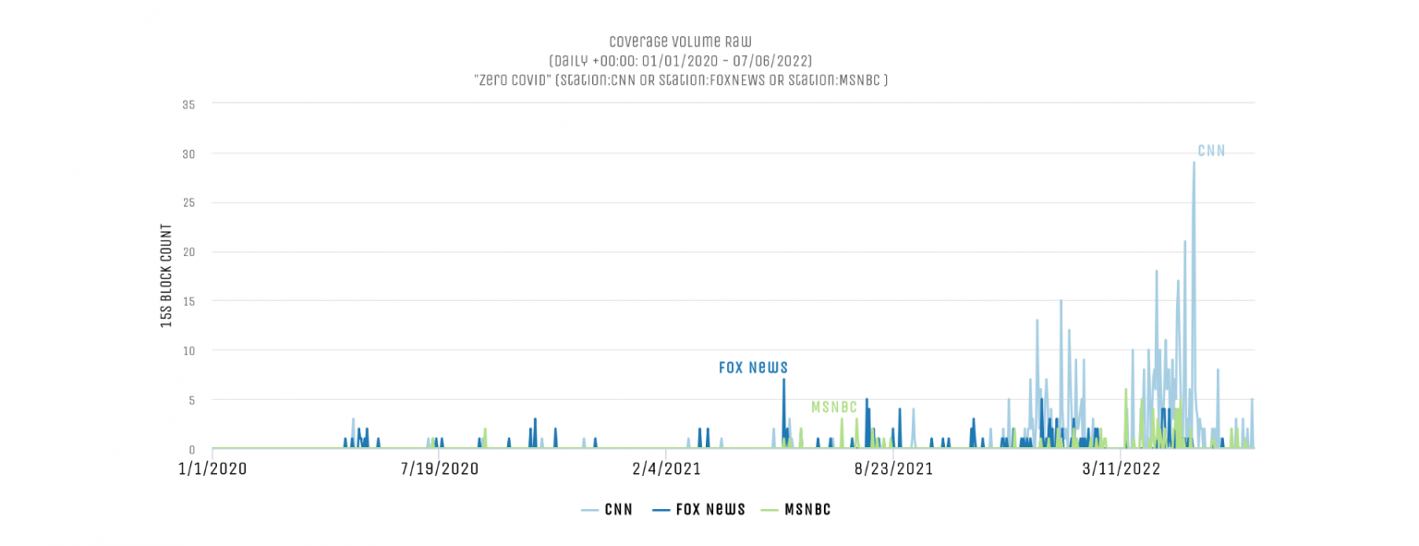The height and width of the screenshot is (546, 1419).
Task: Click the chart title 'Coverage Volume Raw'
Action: pos(680,42)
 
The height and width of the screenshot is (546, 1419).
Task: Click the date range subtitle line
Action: pos(680,61)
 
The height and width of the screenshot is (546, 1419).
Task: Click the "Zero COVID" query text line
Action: pos(680,80)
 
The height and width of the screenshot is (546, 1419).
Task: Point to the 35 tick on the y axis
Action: pos(188,104)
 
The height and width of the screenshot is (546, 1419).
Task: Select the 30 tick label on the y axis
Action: pos(188,153)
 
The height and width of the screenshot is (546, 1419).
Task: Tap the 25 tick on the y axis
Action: pos(188,203)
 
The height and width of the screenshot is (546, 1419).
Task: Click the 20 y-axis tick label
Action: pos(188,252)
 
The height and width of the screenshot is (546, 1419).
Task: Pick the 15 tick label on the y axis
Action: pos(188,301)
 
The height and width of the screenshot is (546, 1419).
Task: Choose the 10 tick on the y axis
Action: pos(188,351)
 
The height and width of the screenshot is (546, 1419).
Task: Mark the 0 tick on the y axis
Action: pos(191,450)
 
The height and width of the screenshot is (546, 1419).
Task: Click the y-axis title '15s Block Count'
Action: pos(166,275)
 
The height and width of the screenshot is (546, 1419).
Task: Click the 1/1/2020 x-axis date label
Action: pos(213,468)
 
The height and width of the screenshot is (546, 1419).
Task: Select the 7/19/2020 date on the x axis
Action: pos(440,468)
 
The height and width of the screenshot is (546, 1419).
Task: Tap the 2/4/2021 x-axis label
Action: pos(667,468)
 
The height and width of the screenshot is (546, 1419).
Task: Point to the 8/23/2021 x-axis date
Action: pos(893,468)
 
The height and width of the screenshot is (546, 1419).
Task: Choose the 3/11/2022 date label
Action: pos(1121,468)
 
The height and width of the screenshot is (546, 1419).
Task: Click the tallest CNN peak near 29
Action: pos(1194,164)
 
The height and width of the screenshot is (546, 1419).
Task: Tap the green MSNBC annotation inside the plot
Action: pos(834,407)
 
